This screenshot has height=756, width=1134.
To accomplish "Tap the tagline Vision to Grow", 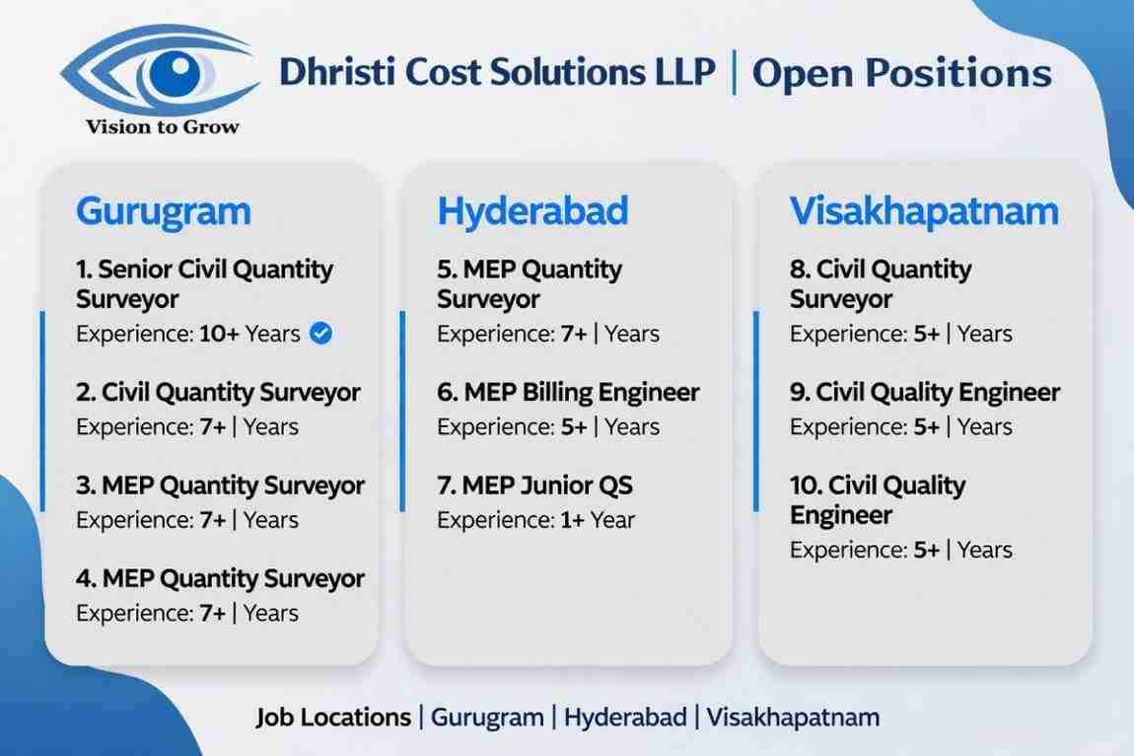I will click(x=163, y=126).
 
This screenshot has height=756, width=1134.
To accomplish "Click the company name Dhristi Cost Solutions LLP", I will click(x=497, y=73).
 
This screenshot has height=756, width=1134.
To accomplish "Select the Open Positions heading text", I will click(x=901, y=74).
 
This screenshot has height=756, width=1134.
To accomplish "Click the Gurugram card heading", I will click(x=163, y=211).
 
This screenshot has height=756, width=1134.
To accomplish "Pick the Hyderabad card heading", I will click(x=532, y=211).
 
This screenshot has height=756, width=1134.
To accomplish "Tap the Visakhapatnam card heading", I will click(x=924, y=211).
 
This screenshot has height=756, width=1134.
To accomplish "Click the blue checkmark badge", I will click(x=320, y=334).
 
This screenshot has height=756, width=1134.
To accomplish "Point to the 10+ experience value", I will click(x=220, y=334).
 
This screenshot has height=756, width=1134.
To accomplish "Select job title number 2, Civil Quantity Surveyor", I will click(x=219, y=393).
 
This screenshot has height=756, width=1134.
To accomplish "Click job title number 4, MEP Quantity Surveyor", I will click(x=220, y=578).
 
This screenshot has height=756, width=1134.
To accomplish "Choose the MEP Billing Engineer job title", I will click(x=568, y=393).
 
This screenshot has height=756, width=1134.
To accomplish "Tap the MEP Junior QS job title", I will click(x=534, y=486).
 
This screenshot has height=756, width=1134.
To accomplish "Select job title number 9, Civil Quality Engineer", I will click(x=925, y=393).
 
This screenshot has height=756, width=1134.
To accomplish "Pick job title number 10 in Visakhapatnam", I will click(x=878, y=499).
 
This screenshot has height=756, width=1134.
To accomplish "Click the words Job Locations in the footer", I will click(x=333, y=717).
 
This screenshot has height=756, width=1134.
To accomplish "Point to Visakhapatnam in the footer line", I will click(x=793, y=717).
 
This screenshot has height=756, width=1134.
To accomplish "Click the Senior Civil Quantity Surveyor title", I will click(x=204, y=284).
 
